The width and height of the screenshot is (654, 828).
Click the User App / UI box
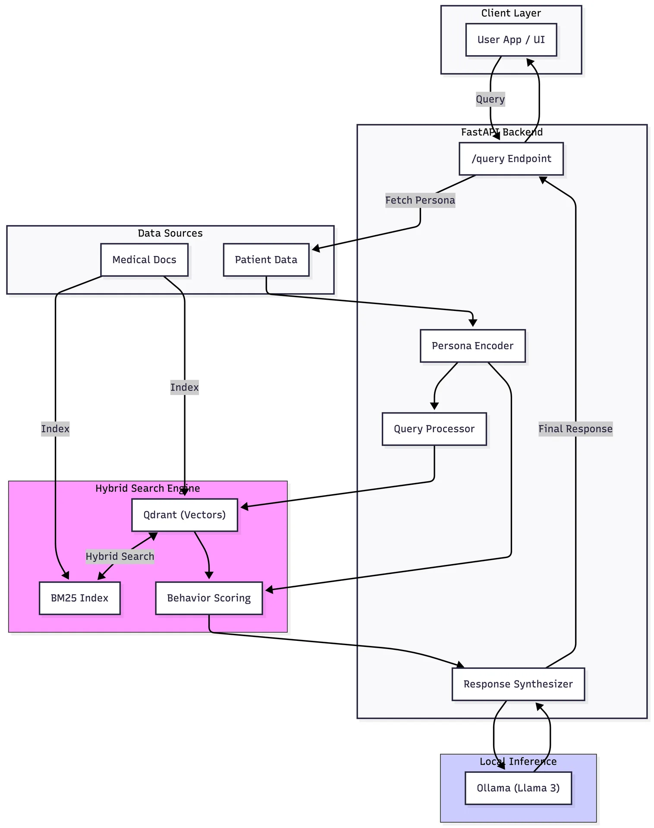pyautogui.click(x=511, y=40)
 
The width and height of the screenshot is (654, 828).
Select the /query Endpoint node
pyautogui.click(x=511, y=159)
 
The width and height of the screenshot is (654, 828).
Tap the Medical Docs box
pyautogui.click(x=144, y=260)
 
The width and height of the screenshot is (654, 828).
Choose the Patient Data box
pyautogui.click(x=266, y=260)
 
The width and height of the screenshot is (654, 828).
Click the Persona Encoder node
pyautogui.click(x=472, y=346)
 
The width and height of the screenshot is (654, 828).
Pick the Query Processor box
pyautogui.click(x=434, y=429)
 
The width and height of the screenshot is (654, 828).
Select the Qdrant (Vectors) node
pyautogui.click(x=184, y=515)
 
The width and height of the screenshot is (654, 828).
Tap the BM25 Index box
pyautogui.click(x=79, y=598)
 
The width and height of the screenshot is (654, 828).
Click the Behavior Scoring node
pyautogui.click(x=209, y=598)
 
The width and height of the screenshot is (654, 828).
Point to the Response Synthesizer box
pyautogui.click(x=518, y=684)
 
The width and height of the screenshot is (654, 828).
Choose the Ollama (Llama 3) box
pyautogui.click(x=518, y=788)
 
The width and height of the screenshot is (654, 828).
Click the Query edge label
pyautogui.click(x=490, y=99)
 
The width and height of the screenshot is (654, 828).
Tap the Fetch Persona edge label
pyautogui.click(x=420, y=200)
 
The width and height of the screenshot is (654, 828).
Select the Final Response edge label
pyautogui.click(x=575, y=429)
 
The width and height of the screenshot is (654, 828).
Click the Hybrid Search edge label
pyautogui.click(x=120, y=556)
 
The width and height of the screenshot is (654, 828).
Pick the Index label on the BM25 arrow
pyautogui.click(x=55, y=429)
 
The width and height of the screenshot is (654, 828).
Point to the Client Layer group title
pyautogui.click(x=511, y=13)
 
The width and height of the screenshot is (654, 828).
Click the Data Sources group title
pyautogui.click(x=170, y=233)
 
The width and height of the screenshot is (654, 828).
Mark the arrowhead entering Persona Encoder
pyautogui.click(x=473, y=323)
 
